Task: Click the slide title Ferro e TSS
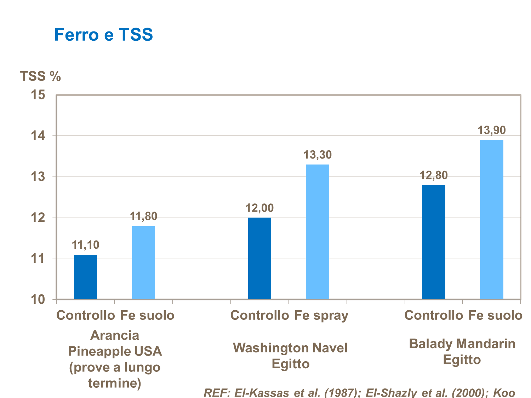[103, 35]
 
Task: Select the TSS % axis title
[40, 76]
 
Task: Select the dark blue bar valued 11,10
[85, 277]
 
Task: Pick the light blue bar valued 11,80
[143, 263]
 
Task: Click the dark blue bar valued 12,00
[259, 258]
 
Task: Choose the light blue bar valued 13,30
[318, 232]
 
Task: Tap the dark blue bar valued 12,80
[434, 242]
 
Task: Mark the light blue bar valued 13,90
[492, 219]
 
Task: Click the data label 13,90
[492, 130]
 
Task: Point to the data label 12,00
[259, 208]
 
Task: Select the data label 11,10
[85, 244]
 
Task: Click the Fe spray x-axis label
[321, 315]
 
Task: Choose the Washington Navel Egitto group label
[290, 356]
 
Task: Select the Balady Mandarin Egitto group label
[462, 351]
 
